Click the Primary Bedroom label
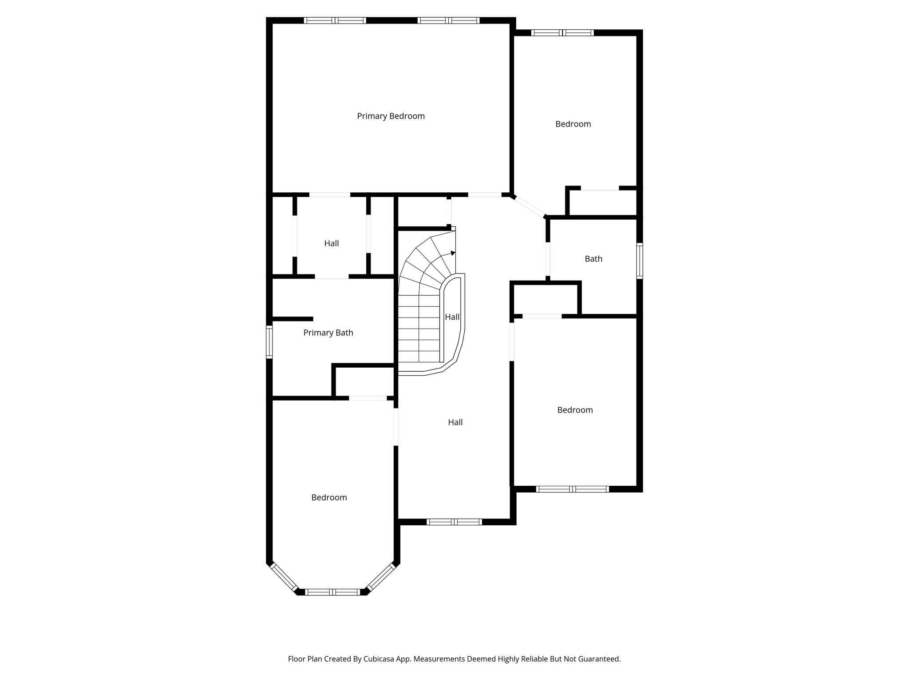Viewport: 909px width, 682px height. pyautogui.click(x=391, y=116)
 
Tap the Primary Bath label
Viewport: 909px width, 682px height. pyautogui.click(x=328, y=333)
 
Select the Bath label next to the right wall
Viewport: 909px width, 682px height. pyautogui.click(x=593, y=259)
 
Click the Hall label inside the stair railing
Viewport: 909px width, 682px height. pyautogui.click(x=452, y=317)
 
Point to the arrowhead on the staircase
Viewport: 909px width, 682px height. pyautogui.click(x=453, y=253)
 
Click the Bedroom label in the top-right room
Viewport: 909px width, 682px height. pyautogui.click(x=573, y=124)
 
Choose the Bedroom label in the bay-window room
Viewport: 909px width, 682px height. pyautogui.click(x=329, y=498)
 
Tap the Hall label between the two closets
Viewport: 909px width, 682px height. pyautogui.click(x=332, y=243)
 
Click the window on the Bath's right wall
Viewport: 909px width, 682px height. pyautogui.click(x=640, y=261)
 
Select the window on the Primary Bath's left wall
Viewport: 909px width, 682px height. pyautogui.click(x=269, y=342)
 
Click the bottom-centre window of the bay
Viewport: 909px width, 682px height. pyautogui.click(x=332, y=592)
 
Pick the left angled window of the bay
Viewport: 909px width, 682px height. pyautogui.click(x=284, y=577)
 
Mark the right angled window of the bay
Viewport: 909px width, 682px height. pyautogui.click(x=381, y=577)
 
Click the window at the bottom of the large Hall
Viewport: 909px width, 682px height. pyautogui.click(x=454, y=522)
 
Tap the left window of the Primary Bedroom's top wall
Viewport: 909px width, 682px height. pyautogui.click(x=335, y=20)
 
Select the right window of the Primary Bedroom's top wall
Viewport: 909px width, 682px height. pyautogui.click(x=449, y=20)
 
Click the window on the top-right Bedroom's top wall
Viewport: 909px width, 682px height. pyautogui.click(x=562, y=32)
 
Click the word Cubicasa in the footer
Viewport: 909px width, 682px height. pyautogui.click(x=380, y=659)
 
